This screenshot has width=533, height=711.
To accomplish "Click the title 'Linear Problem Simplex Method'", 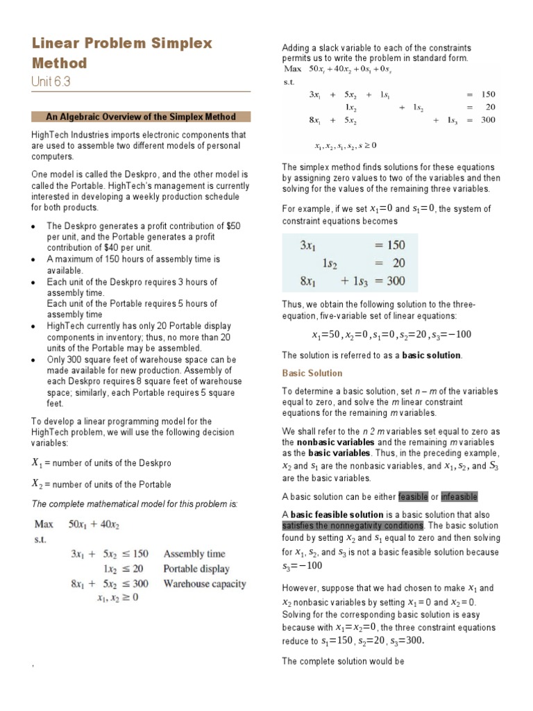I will tap(121, 53).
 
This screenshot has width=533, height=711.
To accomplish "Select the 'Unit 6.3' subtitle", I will tap(51, 82).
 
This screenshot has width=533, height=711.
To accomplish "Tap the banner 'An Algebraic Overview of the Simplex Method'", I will tap(141, 117).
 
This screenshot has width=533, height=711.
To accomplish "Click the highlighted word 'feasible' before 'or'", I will tap(414, 496).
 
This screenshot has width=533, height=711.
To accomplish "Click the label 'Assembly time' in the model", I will tap(194, 553).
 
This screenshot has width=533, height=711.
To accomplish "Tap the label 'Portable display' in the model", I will tap(198, 569).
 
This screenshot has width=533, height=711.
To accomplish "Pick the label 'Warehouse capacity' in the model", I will tap(205, 583).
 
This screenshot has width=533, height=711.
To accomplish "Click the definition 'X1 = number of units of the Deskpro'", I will tap(101, 462).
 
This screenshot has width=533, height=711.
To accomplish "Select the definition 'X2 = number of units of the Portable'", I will tap(101, 484).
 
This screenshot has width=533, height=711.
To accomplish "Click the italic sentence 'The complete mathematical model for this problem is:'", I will tap(135, 503).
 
